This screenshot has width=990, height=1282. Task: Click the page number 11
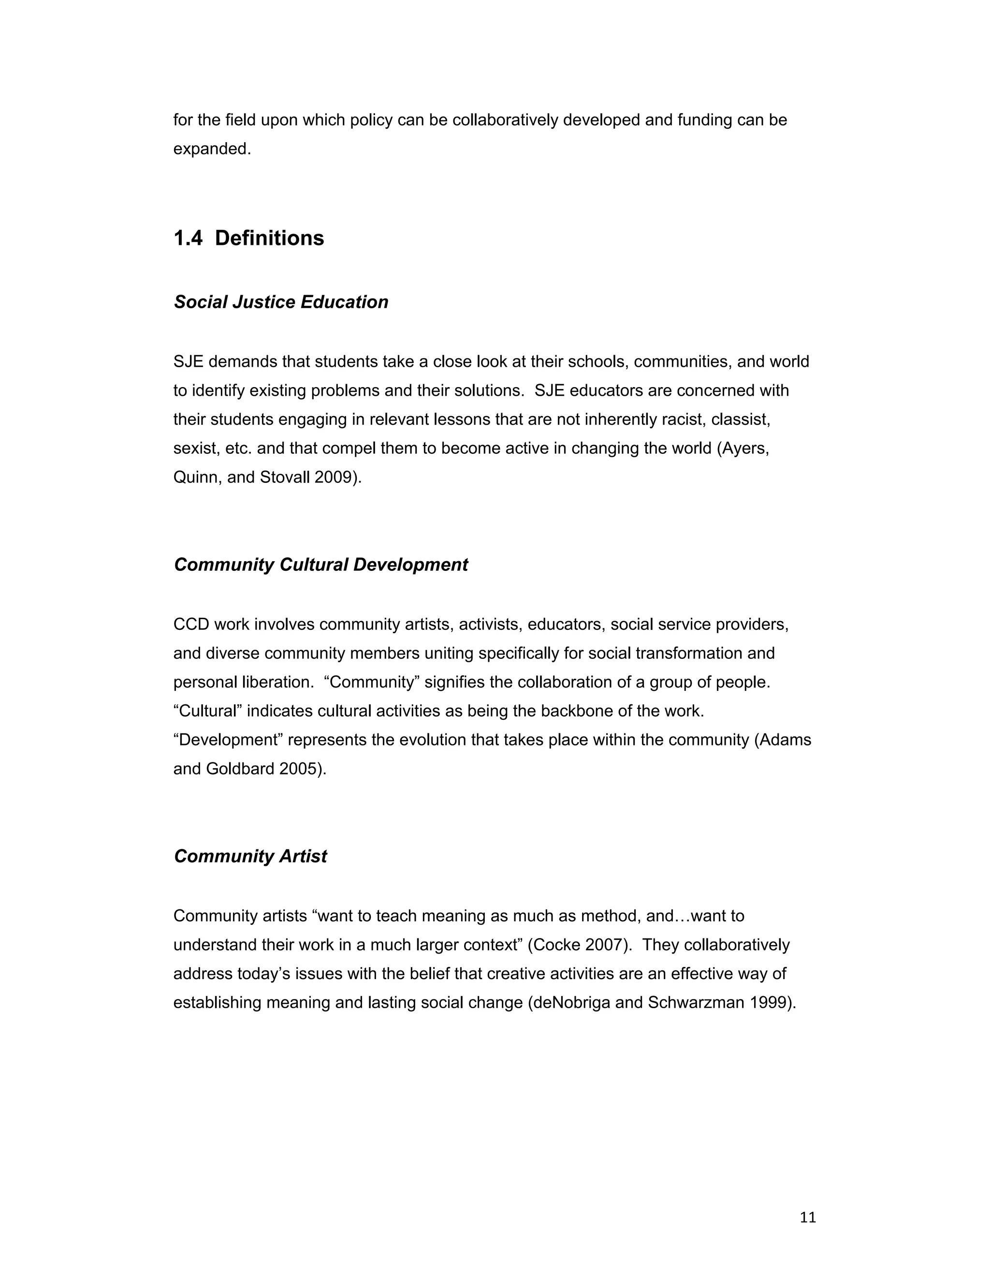(x=808, y=1218)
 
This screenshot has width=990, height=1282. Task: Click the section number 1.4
(x=188, y=239)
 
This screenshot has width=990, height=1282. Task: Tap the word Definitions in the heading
(x=269, y=239)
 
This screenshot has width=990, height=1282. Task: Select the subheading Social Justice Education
(x=281, y=302)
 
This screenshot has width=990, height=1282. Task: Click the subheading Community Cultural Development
(x=321, y=565)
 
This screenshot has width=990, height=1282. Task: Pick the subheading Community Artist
(x=250, y=856)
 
